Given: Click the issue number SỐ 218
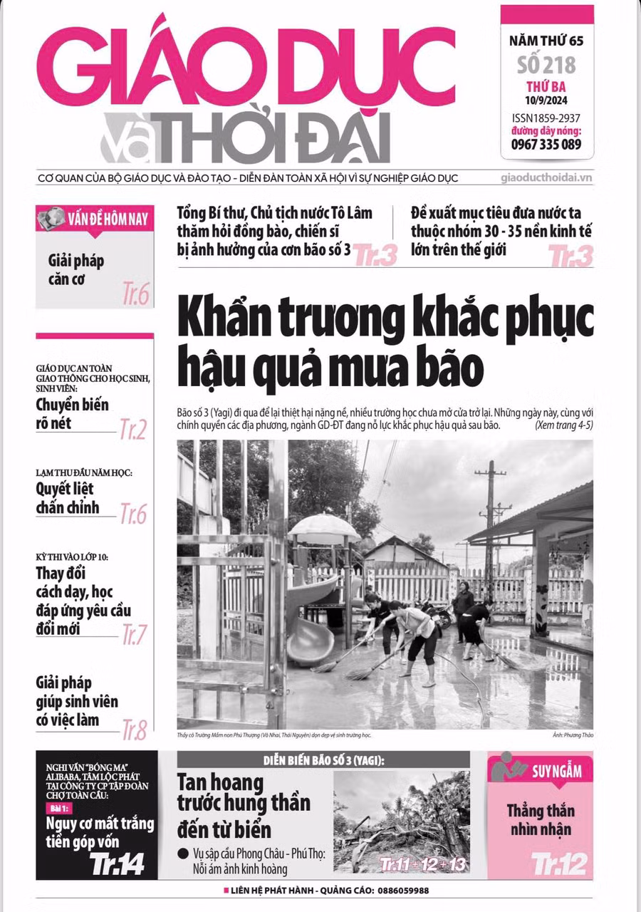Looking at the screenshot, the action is [546, 66].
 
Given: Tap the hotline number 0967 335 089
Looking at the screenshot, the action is [546, 144].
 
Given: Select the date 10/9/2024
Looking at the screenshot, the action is [546, 100].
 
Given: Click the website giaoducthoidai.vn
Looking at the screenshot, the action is [547, 178].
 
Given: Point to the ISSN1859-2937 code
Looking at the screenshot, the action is [546, 118].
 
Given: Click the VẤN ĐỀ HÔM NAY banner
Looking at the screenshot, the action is [95, 219].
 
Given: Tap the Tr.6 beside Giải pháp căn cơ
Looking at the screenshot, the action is [135, 294].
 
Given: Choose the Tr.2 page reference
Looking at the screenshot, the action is [132, 429].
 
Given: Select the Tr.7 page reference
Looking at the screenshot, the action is [134, 633].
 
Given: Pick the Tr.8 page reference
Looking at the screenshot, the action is [133, 729].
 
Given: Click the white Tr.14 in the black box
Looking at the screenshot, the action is [117, 864].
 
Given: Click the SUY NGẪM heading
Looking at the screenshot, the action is [556, 770].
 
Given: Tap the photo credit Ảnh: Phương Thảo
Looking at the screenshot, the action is [572, 735].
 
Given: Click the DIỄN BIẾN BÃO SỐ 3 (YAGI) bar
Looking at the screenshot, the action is [323, 760].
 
